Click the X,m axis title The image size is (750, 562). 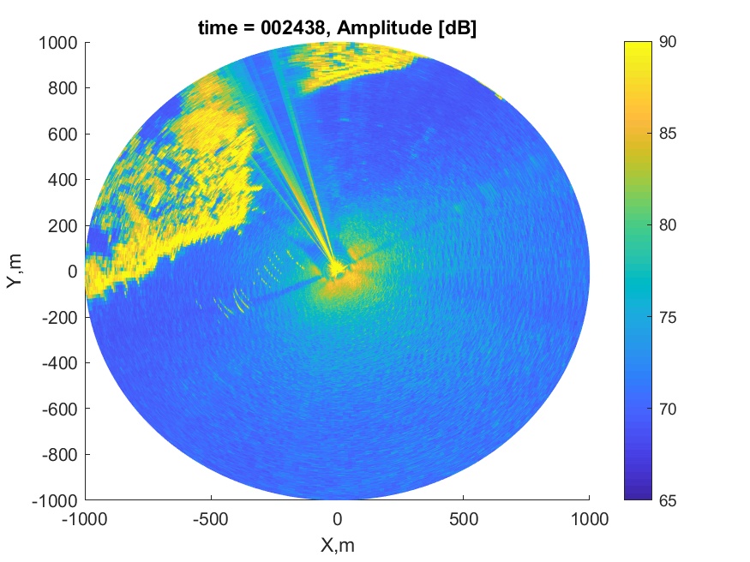(x=337, y=545)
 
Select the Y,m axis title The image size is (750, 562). (x=15, y=271)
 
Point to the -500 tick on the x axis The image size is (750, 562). (x=211, y=518)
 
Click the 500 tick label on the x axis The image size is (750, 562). (x=463, y=518)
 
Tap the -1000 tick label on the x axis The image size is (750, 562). (x=85, y=518)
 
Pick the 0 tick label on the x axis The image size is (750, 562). (x=337, y=518)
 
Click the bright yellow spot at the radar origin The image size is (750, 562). (x=335, y=270)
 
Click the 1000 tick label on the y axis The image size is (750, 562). (x=58, y=42)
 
